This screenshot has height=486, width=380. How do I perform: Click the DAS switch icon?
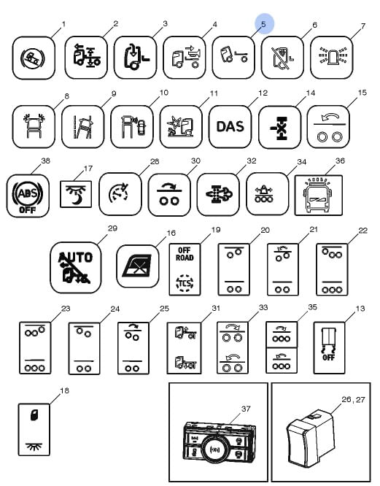(230, 126)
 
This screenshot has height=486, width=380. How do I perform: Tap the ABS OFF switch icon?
(28, 196)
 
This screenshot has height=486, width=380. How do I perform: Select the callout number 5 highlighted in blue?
(263, 24)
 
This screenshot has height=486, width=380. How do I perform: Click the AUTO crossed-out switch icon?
(76, 268)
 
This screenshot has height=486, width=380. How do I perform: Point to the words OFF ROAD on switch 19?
(185, 254)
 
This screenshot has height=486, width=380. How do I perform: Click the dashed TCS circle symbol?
(185, 282)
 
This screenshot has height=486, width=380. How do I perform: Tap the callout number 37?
(246, 409)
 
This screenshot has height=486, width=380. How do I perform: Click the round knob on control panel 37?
(214, 449)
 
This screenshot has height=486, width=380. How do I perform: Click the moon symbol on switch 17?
(76, 200)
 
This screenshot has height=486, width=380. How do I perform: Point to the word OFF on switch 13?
(328, 358)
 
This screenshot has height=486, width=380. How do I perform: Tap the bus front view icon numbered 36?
(319, 196)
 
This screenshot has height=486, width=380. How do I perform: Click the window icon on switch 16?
(138, 266)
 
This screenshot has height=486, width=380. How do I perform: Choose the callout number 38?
(45, 161)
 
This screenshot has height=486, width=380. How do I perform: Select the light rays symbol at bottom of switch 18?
(34, 447)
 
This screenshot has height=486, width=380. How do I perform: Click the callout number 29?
(112, 228)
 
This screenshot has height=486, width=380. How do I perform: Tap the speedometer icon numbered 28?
(120, 193)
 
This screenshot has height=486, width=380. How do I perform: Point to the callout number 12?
(263, 93)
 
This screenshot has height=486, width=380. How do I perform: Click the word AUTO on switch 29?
(76, 256)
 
